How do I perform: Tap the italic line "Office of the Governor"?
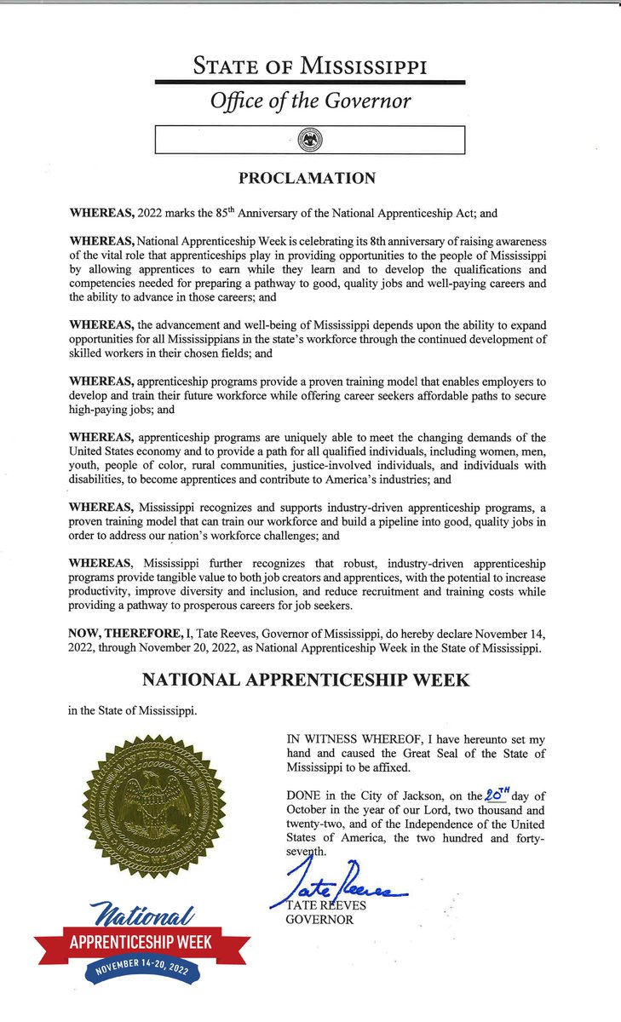310,101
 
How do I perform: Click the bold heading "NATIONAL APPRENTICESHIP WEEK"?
310,680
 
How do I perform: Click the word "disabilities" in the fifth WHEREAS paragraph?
99,479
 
